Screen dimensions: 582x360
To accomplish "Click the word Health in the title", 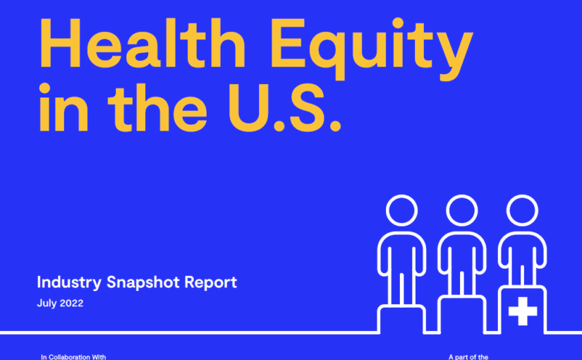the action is point(143,43).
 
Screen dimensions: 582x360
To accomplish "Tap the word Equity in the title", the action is point(372,48).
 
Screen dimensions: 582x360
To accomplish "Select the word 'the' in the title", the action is point(157,107).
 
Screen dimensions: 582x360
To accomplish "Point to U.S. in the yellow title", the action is point(285,107).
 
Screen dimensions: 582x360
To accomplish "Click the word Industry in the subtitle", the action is point(69,283).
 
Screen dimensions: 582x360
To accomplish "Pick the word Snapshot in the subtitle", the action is point(143,283).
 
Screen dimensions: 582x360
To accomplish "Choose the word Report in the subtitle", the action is point(210,283).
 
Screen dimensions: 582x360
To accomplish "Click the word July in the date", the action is point(47,303).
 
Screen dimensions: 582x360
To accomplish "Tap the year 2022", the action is point(71,303).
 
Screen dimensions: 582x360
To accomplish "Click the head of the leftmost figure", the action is point(401,210).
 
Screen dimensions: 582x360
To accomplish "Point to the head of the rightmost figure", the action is point(522,210).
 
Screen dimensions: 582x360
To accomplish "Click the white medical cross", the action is point(523,311).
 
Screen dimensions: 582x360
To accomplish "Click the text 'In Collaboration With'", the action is point(73,357).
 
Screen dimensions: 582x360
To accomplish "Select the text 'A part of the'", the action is point(468,357).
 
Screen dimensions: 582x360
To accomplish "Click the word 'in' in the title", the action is point(63,107).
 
